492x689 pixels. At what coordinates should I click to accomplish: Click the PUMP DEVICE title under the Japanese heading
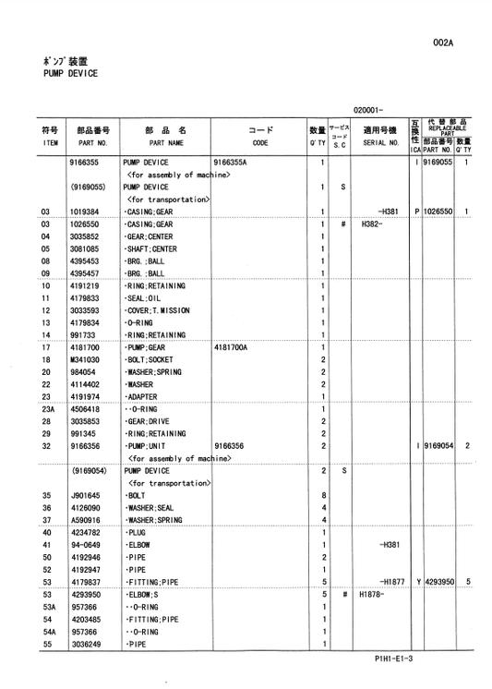pos(69,73)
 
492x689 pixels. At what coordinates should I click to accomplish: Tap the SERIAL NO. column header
pos(380,144)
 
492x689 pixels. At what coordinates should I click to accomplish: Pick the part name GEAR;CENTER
pos(151,236)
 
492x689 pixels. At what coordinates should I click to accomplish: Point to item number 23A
pos(50,409)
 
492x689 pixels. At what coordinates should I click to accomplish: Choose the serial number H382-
pos(371,224)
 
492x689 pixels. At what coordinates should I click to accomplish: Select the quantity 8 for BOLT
pos(324,495)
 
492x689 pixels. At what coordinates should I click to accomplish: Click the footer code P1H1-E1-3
pos(393,659)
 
